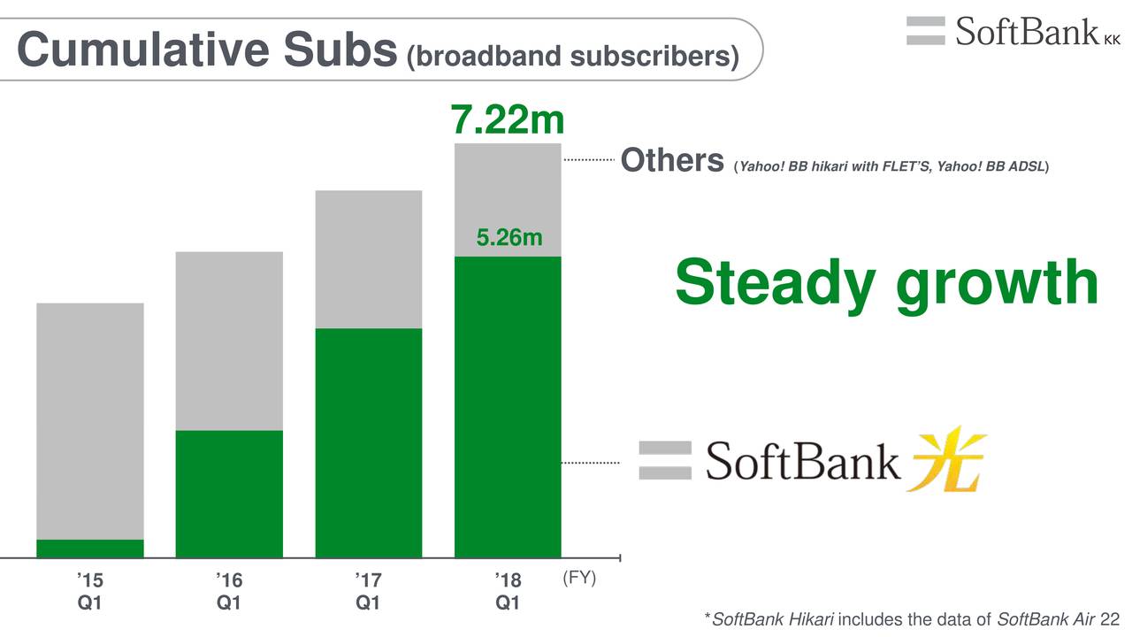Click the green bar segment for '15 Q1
click(x=90, y=549)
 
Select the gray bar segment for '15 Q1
click(x=90, y=422)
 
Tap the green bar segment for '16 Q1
click(x=229, y=495)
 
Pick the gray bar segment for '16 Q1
click(x=229, y=342)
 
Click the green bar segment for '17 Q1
click(x=369, y=443)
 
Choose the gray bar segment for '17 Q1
click(x=369, y=259)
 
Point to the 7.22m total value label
click(x=507, y=119)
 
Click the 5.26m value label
click(x=509, y=238)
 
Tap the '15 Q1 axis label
click(x=90, y=591)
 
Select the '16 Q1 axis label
click(x=229, y=591)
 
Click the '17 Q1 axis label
click(x=368, y=591)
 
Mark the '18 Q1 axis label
click(x=508, y=591)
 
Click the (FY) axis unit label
click(x=579, y=578)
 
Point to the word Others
click(x=672, y=160)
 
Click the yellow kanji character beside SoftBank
click(x=946, y=459)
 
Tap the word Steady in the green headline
click(x=775, y=284)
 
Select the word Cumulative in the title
click(x=143, y=49)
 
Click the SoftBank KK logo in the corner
click(x=1013, y=31)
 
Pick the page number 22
click(x=1110, y=619)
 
